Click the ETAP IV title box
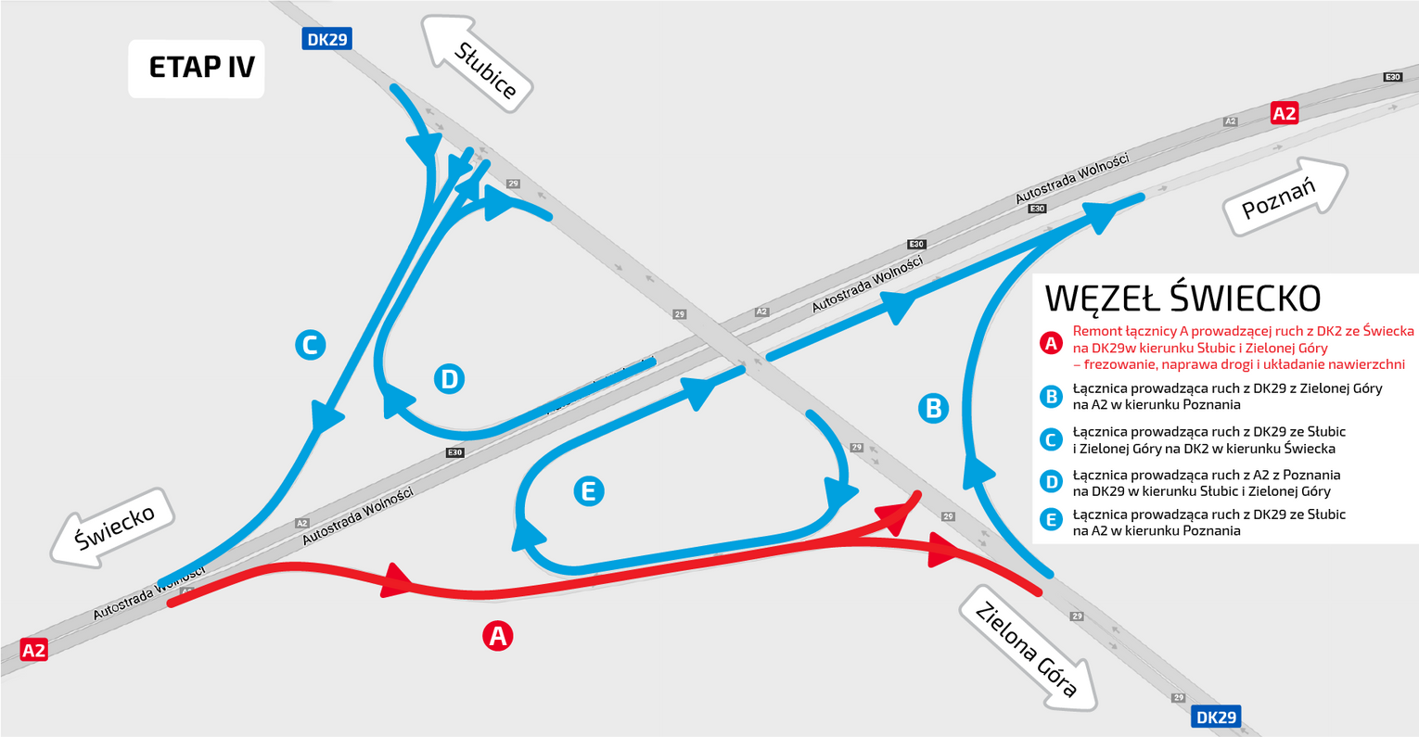pyautogui.click(x=197, y=69)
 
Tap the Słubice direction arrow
pyautogui.click(x=477, y=65)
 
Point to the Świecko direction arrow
pyautogui.click(x=112, y=527)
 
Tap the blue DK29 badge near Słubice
pyautogui.click(x=326, y=39)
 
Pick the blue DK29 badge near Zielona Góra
pyautogui.click(x=1216, y=717)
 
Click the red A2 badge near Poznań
pyautogui.click(x=1285, y=113)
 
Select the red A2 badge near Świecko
pyautogui.click(x=33, y=650)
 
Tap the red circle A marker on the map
pyautogui.click(x=498, y=636)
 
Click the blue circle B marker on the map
pyautogui.click(x=933, y=409)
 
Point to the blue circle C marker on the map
pyautogui.click(x=311, y=345)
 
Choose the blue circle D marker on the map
pyautogui.click(x=449, y=378)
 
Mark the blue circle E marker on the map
pyautogui.click(x=589, y=491)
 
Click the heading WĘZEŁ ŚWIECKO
pyautogui.click(x=1182, y=299)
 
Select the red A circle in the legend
pyautogui.click(x=1052, y=344)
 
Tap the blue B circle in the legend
pyautogui.click(x=1052, y=397)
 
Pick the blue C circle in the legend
pyautogui.click(x=1052, y=440)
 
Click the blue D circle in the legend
pyautogui.click(x=1052, y=482)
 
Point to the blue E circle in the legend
pyautogui.click(x=1052, y=520)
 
